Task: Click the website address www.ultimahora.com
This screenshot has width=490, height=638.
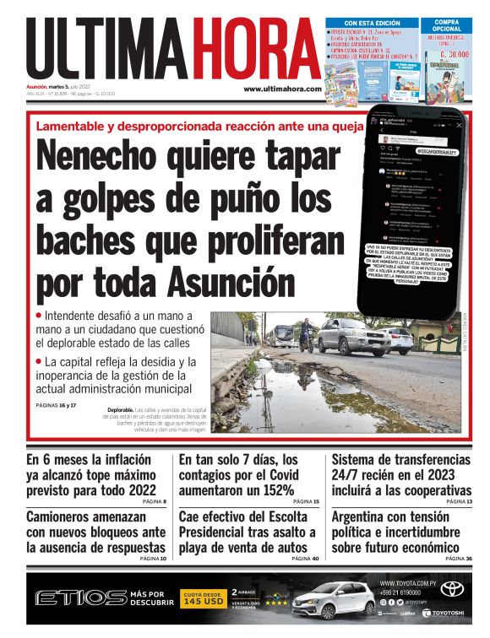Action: pyautogui.click(x=282, y=89)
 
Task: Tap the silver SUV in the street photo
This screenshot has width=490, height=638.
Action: pyautogui.click(x=352, y=336)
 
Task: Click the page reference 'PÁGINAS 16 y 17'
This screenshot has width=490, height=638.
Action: pyautogui.click(x=57, y=405)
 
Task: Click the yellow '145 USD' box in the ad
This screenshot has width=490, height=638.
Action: pyautogui.click(x=203, y=601)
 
